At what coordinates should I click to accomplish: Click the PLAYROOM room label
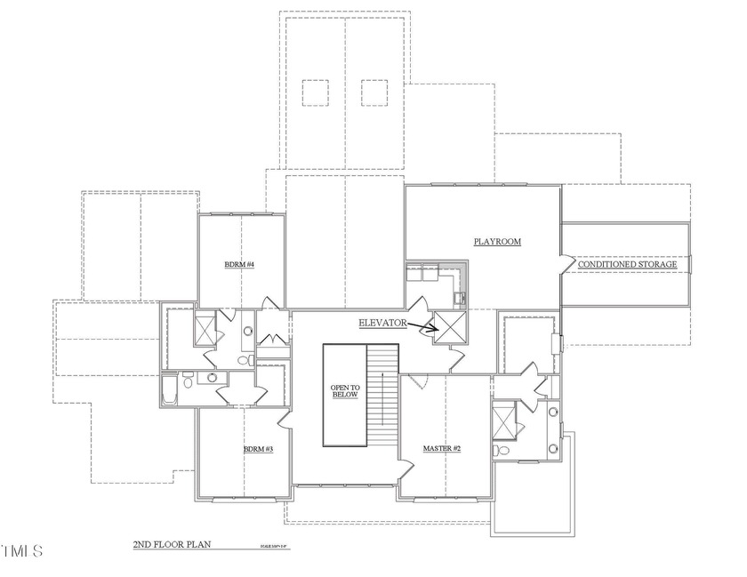496,242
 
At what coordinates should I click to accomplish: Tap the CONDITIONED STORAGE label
628,265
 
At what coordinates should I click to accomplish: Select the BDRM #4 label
239,265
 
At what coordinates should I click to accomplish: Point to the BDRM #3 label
258,450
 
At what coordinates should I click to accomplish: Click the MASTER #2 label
442,449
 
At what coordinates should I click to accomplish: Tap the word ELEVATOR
382,324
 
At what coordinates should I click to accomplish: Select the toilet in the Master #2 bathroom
503,451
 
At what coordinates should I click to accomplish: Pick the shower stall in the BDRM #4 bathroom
204,330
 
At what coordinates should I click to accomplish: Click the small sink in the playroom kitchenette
459,297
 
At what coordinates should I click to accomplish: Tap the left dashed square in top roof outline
315,92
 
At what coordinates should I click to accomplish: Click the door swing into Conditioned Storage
566,262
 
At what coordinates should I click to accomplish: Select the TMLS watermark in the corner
21,551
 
